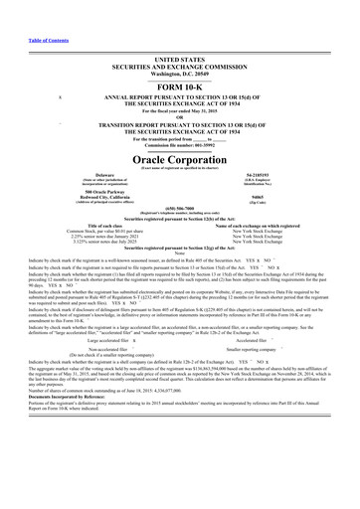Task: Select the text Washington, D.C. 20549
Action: point(179,46)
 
